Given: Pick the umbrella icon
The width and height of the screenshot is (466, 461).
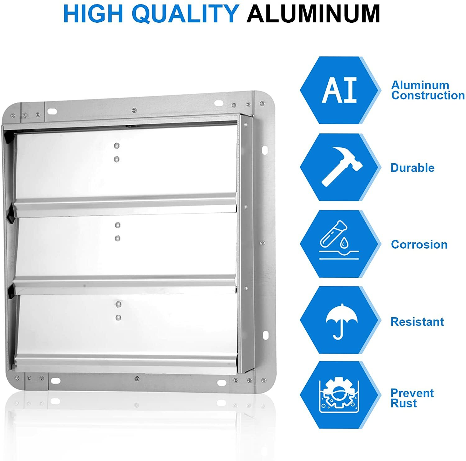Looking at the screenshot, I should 340,320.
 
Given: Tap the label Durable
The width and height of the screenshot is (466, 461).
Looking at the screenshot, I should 412,168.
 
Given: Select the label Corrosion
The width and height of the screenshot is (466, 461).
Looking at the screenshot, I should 419,244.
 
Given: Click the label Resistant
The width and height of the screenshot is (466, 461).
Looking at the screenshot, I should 417,322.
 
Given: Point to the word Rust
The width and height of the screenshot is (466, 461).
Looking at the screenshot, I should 404,403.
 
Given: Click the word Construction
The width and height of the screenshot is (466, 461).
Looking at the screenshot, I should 428,95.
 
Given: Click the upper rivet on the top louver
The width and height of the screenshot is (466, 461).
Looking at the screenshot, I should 117,146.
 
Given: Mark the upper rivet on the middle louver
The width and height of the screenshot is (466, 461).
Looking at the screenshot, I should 117,225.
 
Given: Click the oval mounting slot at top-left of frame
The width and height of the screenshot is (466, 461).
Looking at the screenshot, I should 52,111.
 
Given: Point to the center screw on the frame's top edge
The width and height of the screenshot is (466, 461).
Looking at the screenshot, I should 134,110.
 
